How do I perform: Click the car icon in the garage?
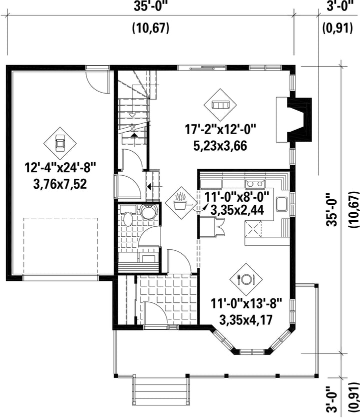point(60,143)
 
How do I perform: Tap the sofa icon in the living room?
point(220,105)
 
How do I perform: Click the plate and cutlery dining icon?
point(246,279)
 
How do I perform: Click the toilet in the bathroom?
point(127,215)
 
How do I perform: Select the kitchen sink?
point(281,204)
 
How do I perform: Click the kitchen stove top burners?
point(255,183)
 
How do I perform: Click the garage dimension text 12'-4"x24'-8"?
point(60,168)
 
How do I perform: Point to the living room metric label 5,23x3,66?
point(220,146)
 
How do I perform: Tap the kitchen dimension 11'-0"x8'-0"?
point(237,198)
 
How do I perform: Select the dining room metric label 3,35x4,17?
point(246,319)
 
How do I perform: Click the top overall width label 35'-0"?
point(151,7)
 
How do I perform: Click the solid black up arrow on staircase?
point(135,135)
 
